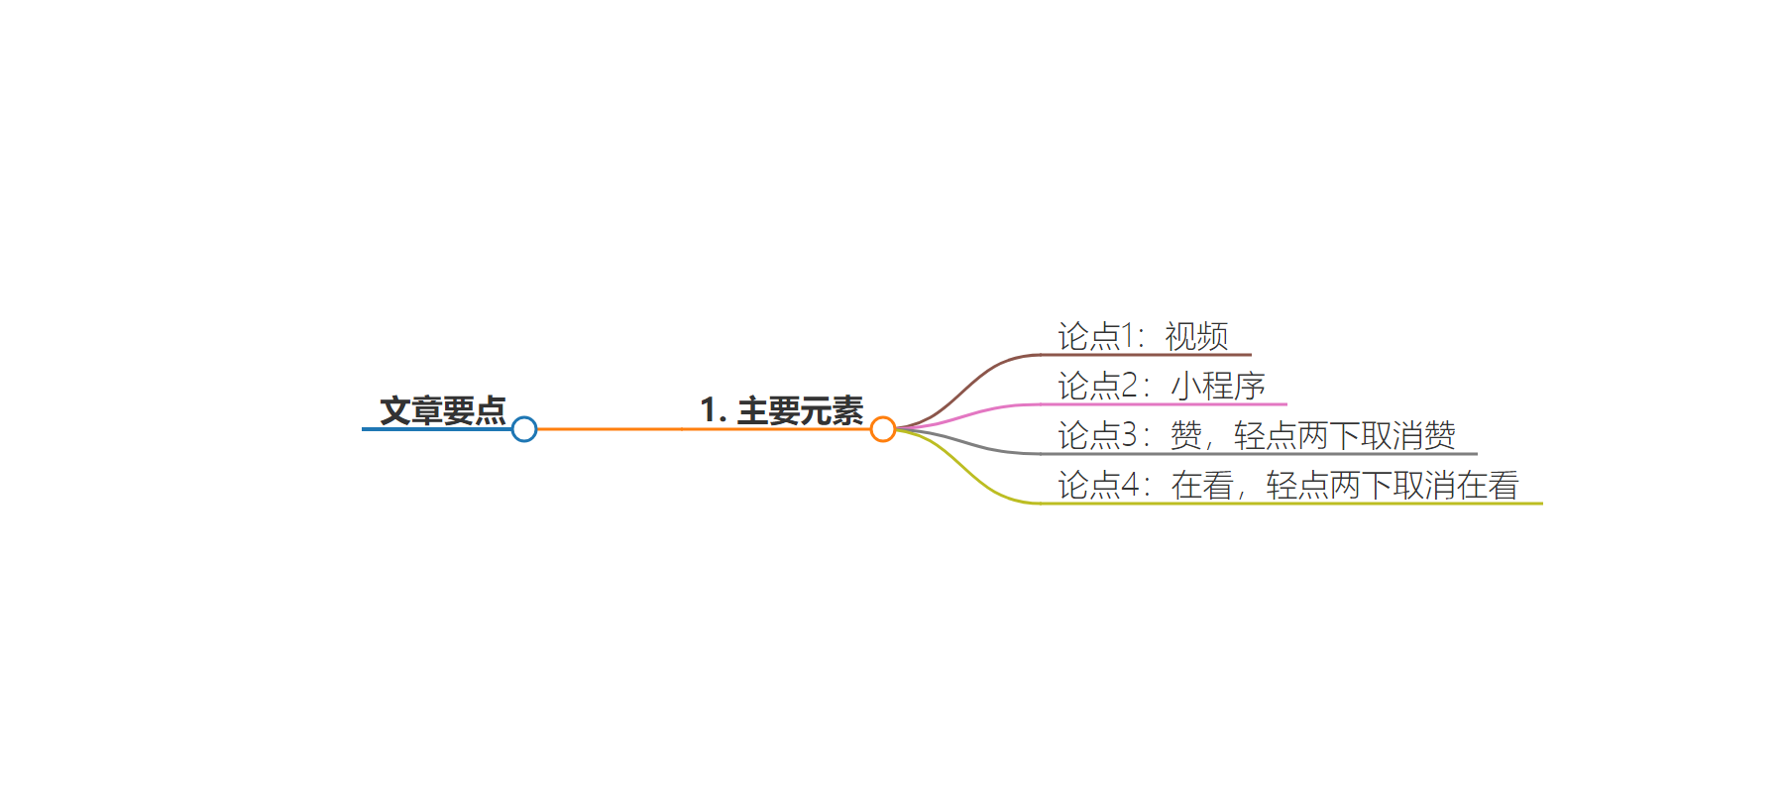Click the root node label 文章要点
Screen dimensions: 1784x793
(443, 410)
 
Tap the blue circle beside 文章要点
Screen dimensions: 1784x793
(524, 429)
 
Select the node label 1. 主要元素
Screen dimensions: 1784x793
(782, 410)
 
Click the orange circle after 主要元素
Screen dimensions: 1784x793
(883, 429)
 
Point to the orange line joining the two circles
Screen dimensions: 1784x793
(704, 429)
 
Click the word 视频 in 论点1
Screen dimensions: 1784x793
(1197, 337)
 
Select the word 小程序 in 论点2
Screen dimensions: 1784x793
(1218, 386)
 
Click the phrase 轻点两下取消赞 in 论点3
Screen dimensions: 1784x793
(1345, 435)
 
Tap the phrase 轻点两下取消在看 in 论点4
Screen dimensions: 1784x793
(1393, 485)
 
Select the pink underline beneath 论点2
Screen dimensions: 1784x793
(1165, 404)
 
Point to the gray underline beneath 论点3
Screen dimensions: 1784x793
(1259, 454)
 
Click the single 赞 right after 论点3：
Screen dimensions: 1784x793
(1186, 435)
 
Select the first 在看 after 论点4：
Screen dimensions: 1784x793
(1202, 485)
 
